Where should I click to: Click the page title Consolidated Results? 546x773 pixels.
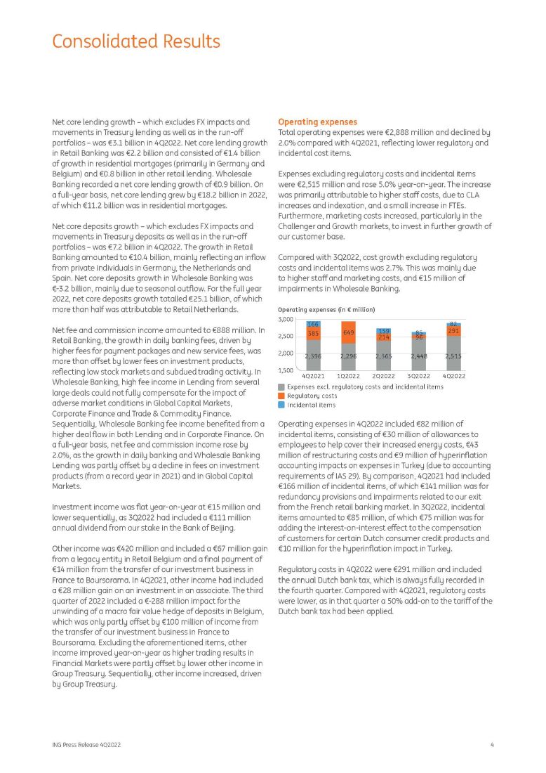[x=136, y=41]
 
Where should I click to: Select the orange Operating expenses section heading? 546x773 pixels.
[x=318, y=122]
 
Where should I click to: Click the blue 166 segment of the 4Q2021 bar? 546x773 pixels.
[x=313, y=325]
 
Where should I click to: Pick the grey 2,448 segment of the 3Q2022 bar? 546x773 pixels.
[x=419, y=356]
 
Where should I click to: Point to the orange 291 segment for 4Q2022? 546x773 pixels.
[x=453, y=330]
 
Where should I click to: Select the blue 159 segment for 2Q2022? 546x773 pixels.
[x=383, y=330]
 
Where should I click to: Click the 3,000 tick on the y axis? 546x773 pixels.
[x=287, y=320]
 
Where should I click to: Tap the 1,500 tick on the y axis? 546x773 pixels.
[x=287, y=370]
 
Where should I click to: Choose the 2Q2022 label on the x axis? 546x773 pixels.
[x=383, y=377]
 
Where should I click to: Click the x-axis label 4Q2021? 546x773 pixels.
[x=313, y=377]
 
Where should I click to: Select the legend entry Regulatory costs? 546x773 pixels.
[x=312, y=396]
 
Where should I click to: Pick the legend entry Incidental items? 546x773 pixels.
[x=312, y=405]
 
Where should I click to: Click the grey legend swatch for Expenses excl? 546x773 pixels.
[x=281, y=386]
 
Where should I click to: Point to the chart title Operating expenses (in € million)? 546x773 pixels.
[x=326, y=310]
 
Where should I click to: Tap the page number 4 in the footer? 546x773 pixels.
[x=492, y=744]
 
